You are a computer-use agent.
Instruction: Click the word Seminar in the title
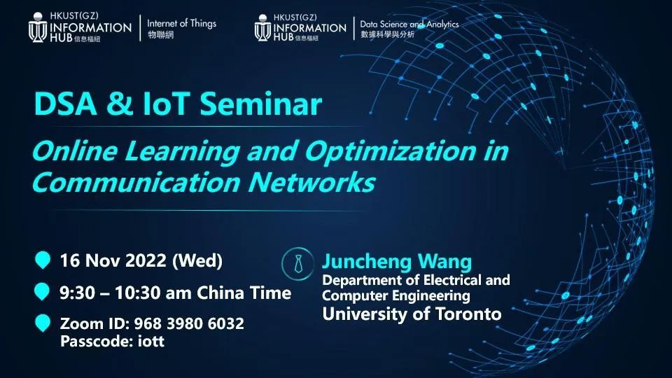coord(260,104)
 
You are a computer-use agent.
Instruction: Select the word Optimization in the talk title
coord(390,151)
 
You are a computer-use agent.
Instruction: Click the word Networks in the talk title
coord(311,183)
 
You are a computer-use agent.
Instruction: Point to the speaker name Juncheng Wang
coord(397,262)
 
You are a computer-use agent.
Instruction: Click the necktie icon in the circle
coord(298,264)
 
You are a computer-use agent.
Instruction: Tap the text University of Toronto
coord(412,314)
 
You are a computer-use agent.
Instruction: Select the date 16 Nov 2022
coord(113,260)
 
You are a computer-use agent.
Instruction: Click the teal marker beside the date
coord(43,260)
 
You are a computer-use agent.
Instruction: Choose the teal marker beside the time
coord(41,291)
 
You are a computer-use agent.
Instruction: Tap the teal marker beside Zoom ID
coord(43,323)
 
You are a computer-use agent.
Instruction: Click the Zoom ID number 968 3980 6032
coord(189,323)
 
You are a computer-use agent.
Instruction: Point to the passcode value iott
coord(151,342)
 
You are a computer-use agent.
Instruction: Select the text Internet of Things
coord(182,24)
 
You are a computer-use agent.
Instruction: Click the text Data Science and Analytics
coord(409,24)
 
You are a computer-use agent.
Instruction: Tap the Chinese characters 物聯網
coord(161,35)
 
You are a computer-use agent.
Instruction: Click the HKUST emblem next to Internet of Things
coord(38,27)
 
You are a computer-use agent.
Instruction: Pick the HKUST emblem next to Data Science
coord(262,28)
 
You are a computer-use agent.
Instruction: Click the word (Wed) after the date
coord(197,261)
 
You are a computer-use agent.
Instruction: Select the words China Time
coord(244,293)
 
